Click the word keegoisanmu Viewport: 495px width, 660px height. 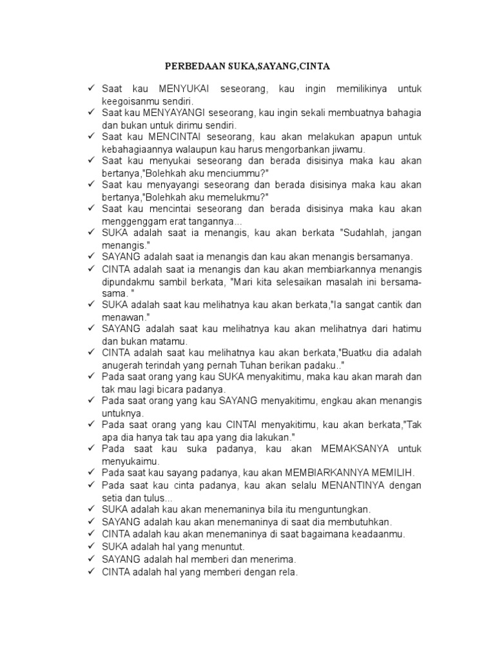click(131, 101)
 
